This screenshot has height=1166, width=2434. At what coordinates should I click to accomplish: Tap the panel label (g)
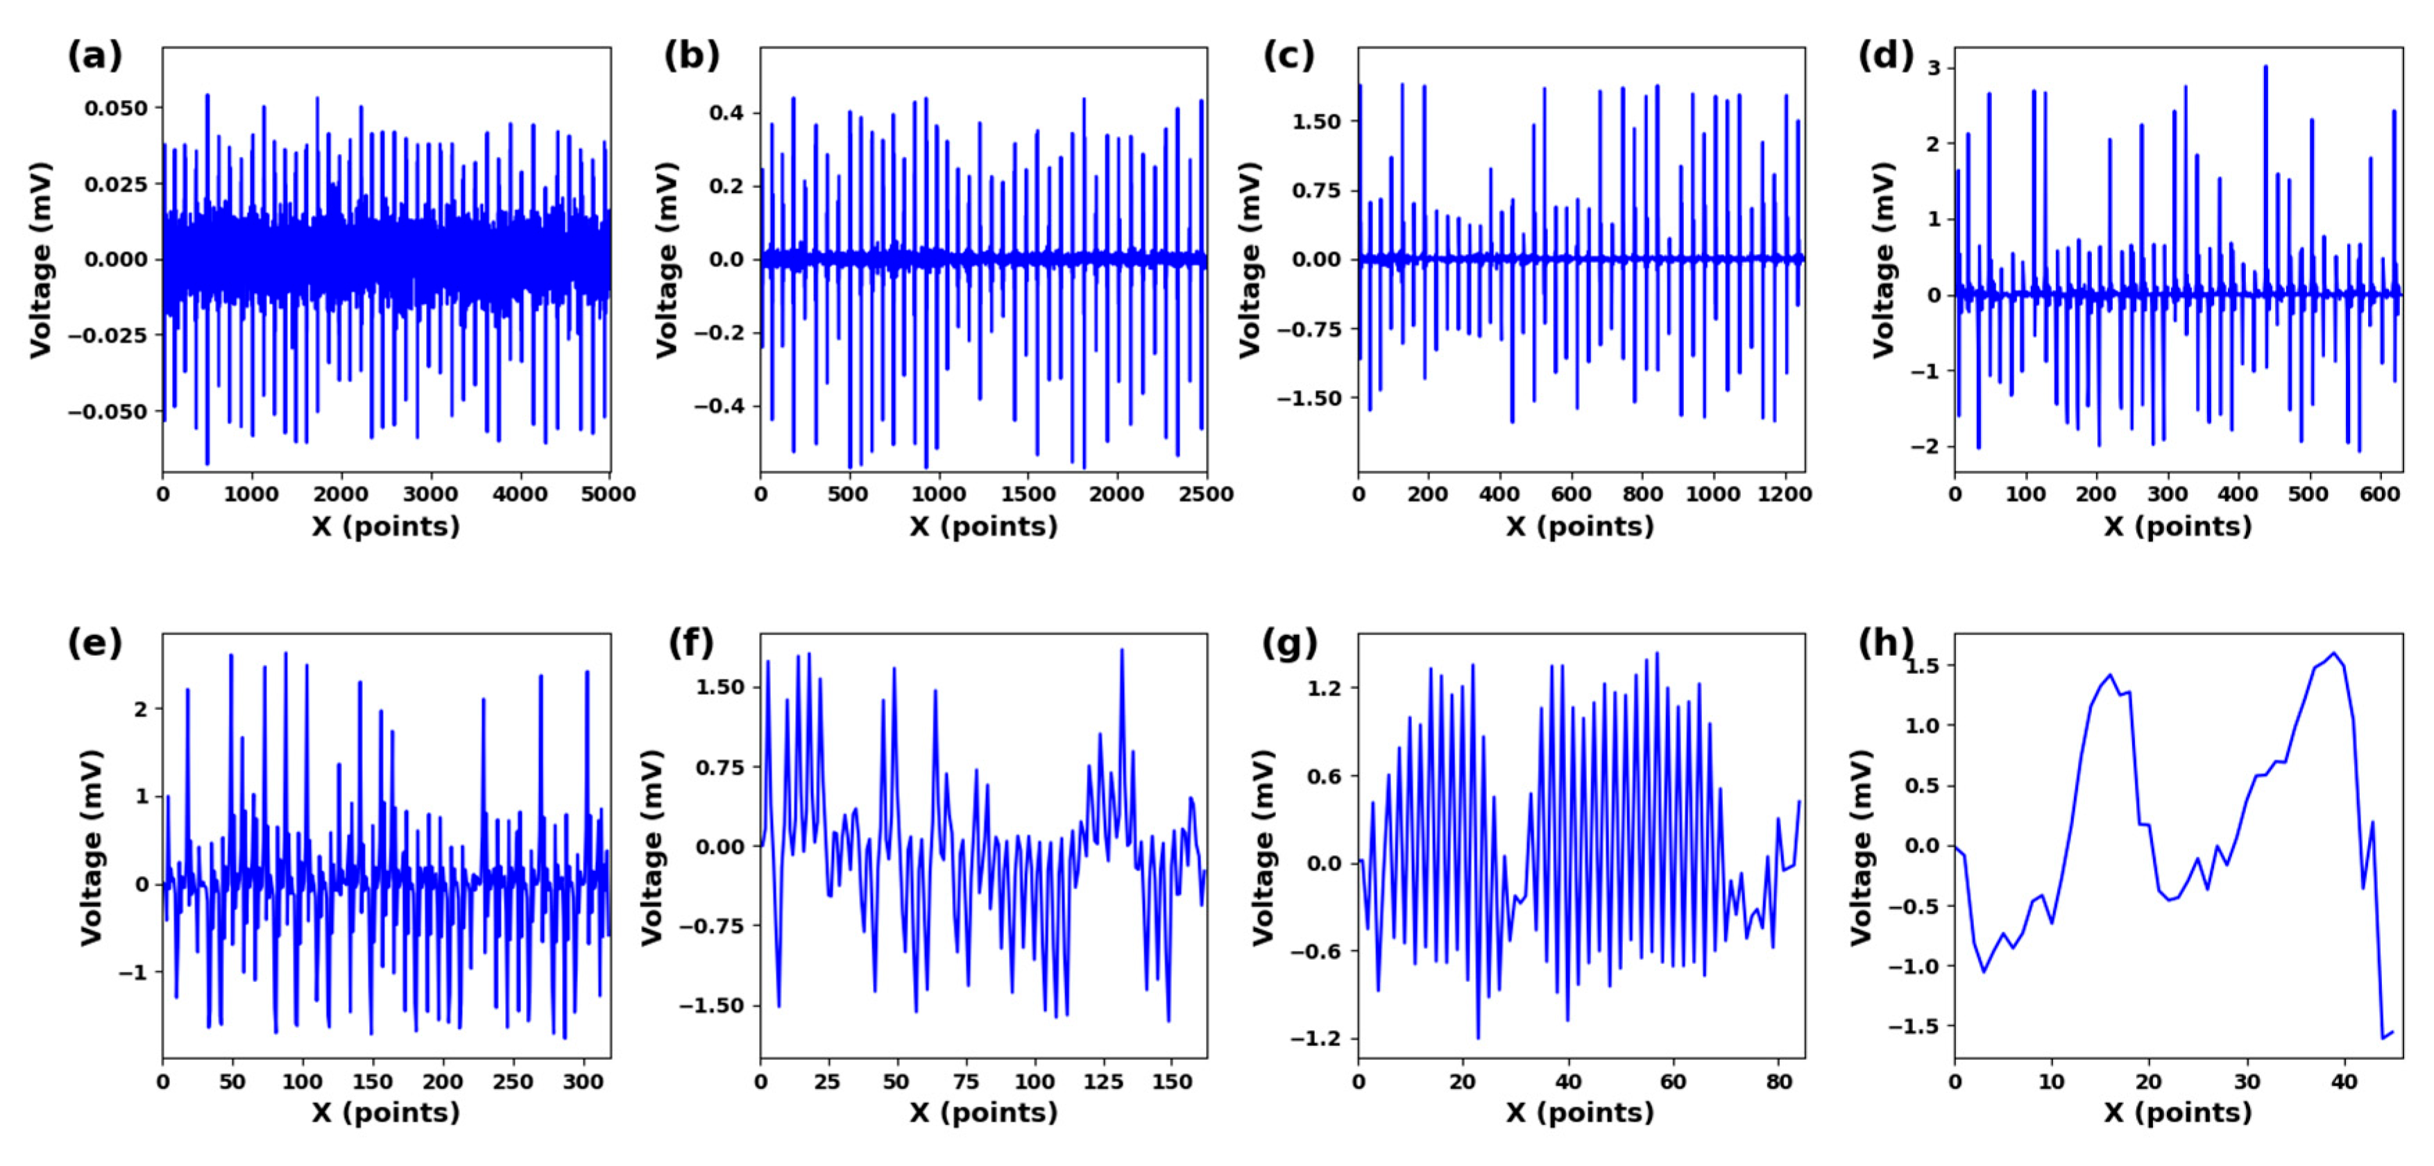[x=1288, y=643]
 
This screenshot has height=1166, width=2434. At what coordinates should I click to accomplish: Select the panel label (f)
[x=690, y=643]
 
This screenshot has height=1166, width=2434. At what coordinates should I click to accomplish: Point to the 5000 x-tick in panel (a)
[x=608, y=494]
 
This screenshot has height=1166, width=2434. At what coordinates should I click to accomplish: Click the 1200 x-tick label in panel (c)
[x=1784, y=494]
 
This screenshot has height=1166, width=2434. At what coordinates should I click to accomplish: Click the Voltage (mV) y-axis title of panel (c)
[x=1249, y=260]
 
